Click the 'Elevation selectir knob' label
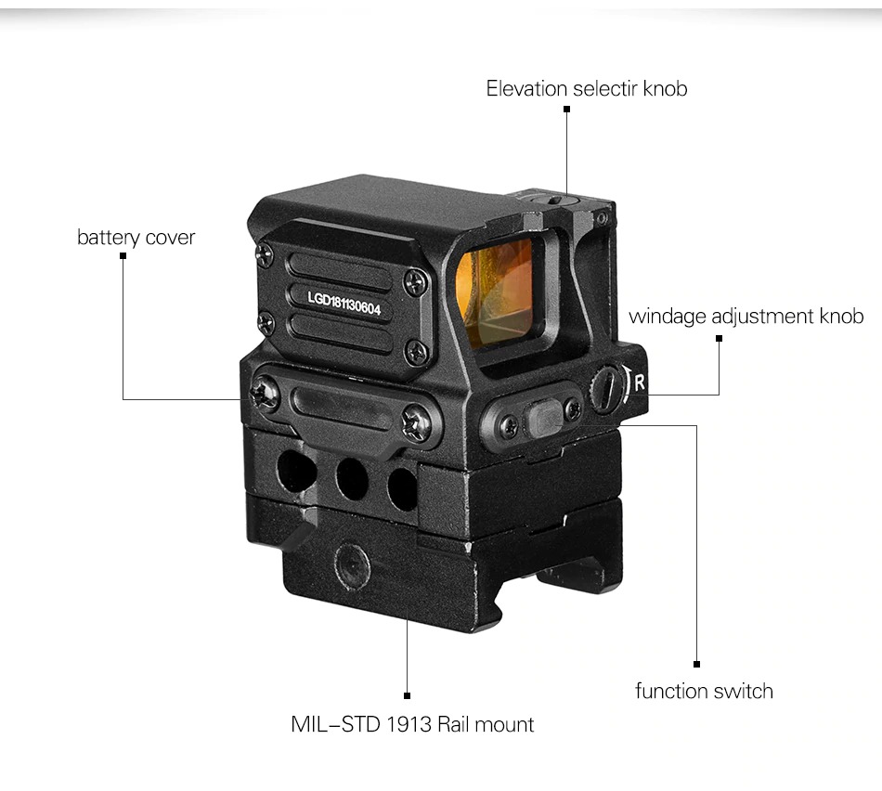(x=587, y=89)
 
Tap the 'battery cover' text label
(x=136, y=238)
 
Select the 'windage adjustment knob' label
(x=746, y=317)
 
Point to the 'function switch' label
(x=704, y=691)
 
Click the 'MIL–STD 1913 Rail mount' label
(x=412, y=724)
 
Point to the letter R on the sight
(x=640, y=381)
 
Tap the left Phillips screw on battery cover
(x=266, y=394)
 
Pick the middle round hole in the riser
(x=352, y=479)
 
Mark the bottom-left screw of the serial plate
(x=266, y=322)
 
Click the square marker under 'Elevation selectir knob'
(x=566, y=110)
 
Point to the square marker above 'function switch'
(x=696, y=664)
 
